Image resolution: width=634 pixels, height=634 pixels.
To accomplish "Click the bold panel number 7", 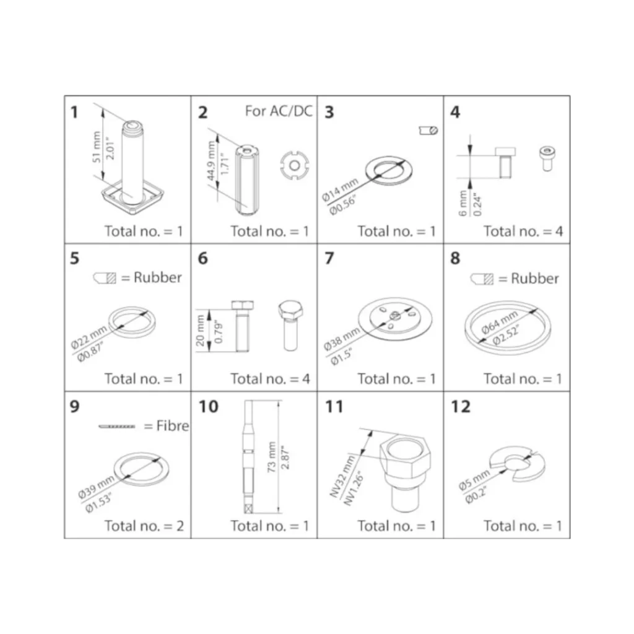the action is pos(329,258).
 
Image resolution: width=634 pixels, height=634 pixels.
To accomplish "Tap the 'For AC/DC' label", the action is pos(279,111).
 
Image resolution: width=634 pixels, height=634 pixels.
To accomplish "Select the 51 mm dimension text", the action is pos(96,147).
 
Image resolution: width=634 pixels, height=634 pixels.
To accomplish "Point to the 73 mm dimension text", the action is pos(271,457).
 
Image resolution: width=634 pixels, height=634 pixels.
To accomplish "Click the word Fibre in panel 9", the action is pos(173,425).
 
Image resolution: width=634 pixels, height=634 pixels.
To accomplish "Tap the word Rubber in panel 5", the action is pos(158,277).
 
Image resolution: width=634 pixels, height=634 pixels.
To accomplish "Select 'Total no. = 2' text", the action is pos(144,526).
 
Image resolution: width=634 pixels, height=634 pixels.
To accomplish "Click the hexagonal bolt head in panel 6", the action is pos(290,310).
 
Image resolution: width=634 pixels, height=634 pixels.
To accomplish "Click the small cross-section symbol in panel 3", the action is pos(428,131).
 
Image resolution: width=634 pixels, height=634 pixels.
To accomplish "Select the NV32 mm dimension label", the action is pos(342,476).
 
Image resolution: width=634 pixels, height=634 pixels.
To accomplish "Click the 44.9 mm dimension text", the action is pos(211,161).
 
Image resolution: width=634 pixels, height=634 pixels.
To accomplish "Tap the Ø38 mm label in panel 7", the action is pos(342,339).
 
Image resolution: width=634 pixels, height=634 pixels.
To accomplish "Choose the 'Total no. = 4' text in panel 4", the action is pos(523,232).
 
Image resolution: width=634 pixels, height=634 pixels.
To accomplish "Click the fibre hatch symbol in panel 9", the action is pos(117,426).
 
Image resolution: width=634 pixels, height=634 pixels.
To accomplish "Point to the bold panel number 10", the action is pos(208,406).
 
